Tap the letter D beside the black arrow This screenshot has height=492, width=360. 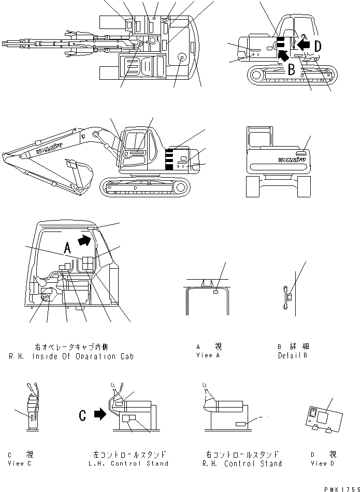coord(317,46)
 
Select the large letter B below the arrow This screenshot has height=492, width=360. coord(292,69)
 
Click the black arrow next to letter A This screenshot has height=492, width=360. coord(84,239)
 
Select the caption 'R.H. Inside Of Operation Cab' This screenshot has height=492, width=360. coord(71,356)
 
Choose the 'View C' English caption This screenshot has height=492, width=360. coord(20,464)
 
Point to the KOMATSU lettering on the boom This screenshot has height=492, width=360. coord(50,147)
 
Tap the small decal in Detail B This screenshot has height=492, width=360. coord(290,297)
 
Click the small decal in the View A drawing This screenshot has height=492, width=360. coord(215,292)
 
